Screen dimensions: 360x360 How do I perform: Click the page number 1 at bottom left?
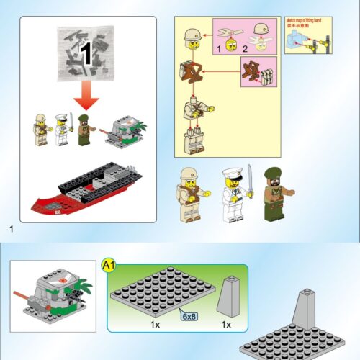click(x=12, y=229)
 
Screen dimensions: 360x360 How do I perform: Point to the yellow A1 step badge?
click(x=109, y=267)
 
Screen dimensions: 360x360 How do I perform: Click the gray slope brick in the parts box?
click(x=228, y=294)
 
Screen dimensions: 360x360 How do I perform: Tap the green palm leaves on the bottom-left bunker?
click(x=84, y=289)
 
